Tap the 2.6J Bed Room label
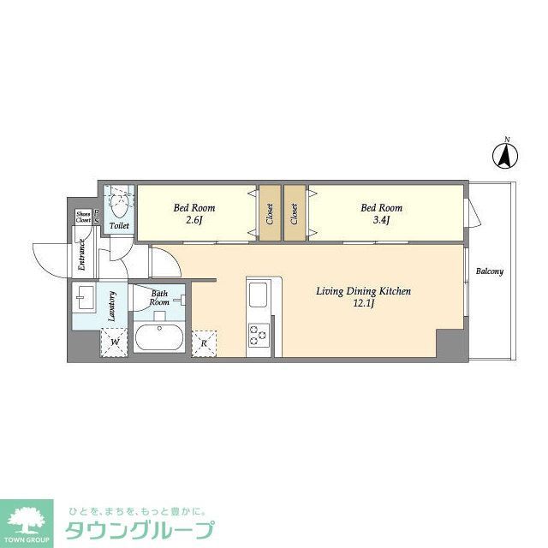(x=194, y=213)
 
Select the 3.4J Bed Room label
(x=381, y=213)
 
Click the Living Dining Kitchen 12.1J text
(x=363, y=297)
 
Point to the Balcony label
(x=490, y=271)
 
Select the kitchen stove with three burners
(x=258, y=334)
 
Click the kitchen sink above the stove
(x=258, y=298)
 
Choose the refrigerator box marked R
(x=204, y=342)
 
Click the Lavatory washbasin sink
(x=86, y=299)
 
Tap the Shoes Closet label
(x=83, y=217)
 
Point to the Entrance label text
(x=82, y=255)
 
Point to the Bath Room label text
(x=160, y=297)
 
